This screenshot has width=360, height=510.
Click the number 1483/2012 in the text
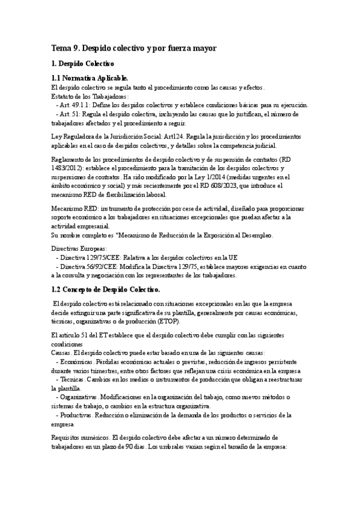pos(66,168)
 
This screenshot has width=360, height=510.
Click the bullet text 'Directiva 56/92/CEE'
pos(91,266)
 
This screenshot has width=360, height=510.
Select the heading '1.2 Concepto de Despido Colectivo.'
pos(106,290)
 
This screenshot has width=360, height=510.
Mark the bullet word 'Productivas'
pos(76,416)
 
